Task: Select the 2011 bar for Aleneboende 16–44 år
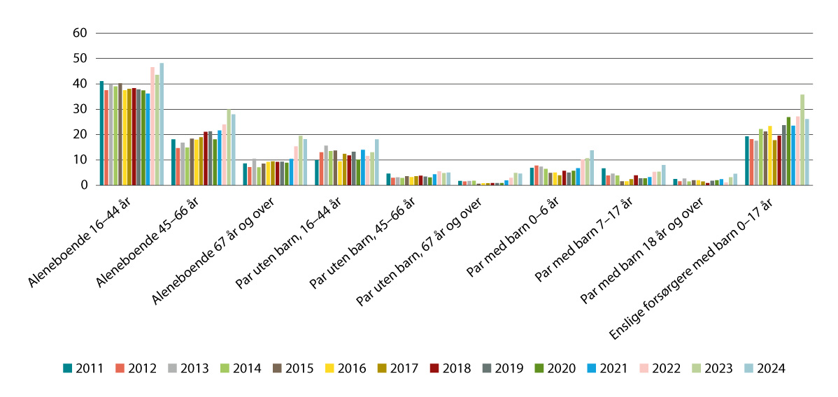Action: point(101,133)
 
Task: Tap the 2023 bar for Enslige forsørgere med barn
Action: point(802,140)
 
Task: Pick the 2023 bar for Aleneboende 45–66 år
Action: point(229,147)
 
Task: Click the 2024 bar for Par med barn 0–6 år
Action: point(592,168)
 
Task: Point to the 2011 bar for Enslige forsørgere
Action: point(747,161)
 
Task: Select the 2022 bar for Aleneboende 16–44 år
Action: point(152,127)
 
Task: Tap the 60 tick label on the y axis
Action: point(79,33)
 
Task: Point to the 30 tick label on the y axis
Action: point(79,109)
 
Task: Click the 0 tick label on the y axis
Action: point(83,185)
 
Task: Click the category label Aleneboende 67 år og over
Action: point(217,248)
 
